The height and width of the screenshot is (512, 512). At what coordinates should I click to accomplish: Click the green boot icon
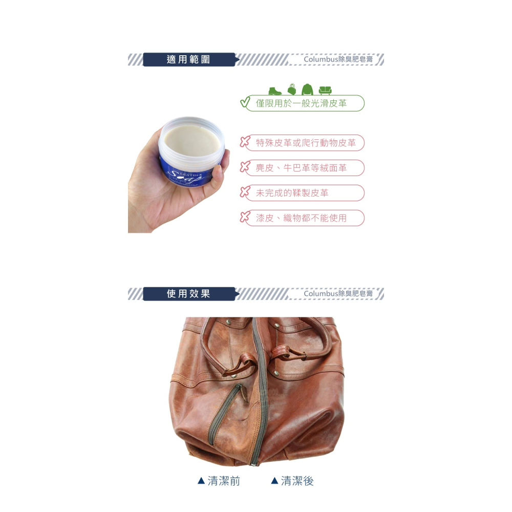(x=275, y=90)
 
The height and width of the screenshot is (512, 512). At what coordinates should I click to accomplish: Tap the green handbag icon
(x=292, y=89)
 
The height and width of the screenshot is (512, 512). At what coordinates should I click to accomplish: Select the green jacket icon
(x=307, y=89)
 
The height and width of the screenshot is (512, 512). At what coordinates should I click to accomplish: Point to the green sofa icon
(x=324, y=90)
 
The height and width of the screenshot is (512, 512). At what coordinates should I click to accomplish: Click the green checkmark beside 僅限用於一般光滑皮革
(x=245, y=102)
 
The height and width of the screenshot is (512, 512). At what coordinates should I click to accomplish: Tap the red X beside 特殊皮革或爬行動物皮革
(x=245, y=142)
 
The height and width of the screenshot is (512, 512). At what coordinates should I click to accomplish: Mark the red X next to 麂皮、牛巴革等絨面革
(x=245, y=167)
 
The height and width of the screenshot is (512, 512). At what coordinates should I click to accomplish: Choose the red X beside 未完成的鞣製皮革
(x=245, y=193)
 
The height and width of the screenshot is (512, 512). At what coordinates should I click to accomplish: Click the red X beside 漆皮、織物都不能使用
(x=245, y=218)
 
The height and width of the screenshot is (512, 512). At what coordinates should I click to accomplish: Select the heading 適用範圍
(x=188, y=59)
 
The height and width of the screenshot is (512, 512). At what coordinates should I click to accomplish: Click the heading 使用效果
(x=188, y=294)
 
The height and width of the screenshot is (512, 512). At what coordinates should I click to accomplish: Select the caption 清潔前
(x=224, y=481)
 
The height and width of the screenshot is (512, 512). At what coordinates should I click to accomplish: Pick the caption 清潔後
(x=297, y=481)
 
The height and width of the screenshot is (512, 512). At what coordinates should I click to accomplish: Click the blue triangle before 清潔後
(x=274, y=481)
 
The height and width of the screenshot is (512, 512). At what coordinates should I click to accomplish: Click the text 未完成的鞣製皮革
(x=292, y=193)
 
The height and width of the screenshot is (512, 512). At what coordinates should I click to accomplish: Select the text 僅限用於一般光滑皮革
(x=301, y=103)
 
